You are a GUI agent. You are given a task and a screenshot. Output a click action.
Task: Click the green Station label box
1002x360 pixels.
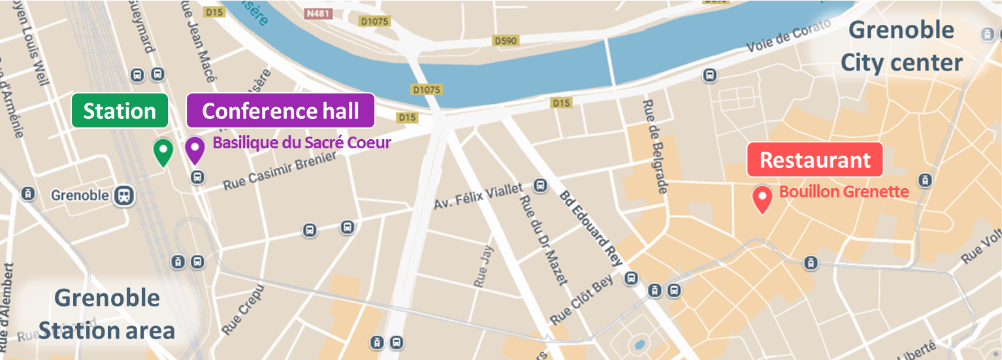(120, 111)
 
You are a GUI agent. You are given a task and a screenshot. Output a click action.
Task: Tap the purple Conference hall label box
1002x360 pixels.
(280, 110)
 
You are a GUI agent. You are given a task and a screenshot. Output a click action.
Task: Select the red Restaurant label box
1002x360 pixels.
(815, 160)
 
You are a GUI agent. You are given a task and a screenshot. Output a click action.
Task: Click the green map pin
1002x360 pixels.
(163, 152)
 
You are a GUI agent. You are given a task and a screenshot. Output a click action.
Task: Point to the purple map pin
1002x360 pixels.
(194, 150)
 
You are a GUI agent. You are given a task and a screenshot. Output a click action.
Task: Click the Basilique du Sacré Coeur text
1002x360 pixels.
(302, 143)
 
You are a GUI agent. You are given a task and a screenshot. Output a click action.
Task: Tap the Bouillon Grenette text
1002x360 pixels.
(844, 191)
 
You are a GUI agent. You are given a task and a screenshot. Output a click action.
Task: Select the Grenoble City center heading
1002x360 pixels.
(901, 46)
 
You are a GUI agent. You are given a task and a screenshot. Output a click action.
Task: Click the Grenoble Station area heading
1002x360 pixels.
(106, 314)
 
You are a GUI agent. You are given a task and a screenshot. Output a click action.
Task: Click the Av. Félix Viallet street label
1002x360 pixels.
(478, 196)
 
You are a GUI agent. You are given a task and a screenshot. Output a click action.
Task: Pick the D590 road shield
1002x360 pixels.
(505, 41)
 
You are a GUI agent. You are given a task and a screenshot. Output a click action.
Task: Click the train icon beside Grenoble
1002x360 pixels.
(123, 195)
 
